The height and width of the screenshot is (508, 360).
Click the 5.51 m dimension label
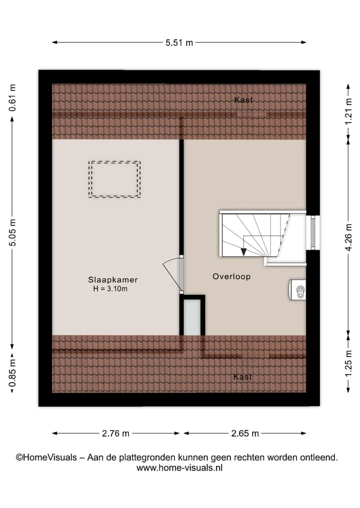(x=179, y=43)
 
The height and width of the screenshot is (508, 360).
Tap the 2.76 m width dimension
(x=115, y=434)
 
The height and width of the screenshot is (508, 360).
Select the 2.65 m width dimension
(x=245, y=434)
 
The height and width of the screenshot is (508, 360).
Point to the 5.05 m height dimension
(x=12, y=232)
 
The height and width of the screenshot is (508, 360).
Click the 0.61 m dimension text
(x=12, y=98)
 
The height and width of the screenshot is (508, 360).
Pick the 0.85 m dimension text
(x=12, y=373)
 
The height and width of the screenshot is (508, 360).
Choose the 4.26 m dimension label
(x=348, y=237)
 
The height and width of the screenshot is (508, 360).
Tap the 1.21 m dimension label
(x=348, y=111)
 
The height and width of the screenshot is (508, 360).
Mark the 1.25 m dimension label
(x=348, y=364)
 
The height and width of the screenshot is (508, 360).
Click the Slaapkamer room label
(x=113, y=280)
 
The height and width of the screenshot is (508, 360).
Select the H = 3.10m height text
(x=110, y=289)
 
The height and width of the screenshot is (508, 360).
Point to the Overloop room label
(x=231, y=277)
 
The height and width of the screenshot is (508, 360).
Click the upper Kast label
(x=243, y=100)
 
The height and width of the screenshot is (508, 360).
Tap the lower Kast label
(x=242, y=377)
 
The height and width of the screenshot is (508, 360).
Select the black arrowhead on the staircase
(x=243, y=252)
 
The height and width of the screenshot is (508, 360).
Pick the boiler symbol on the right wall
(x=297, y=290)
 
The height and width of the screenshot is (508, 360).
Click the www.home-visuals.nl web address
(x=179, y=468)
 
